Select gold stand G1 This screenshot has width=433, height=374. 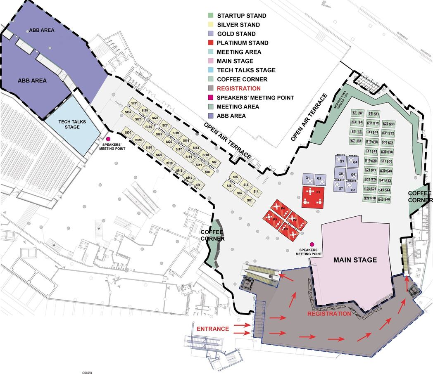point(308,179)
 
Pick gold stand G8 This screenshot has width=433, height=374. point(352,188)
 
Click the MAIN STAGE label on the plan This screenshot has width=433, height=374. point(355,260)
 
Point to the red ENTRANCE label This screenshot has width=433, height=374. point(212,329)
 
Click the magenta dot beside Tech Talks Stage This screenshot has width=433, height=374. point(109,140)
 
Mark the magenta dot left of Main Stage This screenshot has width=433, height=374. point(312,244)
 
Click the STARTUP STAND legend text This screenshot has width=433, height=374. point(241,16)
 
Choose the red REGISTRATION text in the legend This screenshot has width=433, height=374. point(238,88)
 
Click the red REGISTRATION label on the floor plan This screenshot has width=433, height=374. point(329,314)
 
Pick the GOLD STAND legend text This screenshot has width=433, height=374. point(236,34)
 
